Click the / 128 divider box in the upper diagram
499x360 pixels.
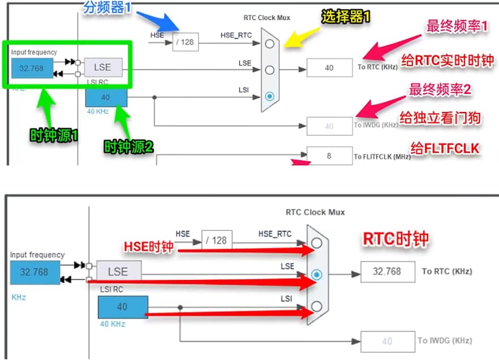click(186, 42)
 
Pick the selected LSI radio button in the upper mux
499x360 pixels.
click(270, 96)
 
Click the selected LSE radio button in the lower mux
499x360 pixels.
click(317, 275)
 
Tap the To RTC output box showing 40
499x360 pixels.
click(329, 68)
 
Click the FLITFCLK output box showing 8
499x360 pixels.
click(329, 156)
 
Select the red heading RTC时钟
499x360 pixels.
click(395, 239)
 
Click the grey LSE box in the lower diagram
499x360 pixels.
click(118, 272)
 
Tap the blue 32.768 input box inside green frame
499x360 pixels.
click(32, 68)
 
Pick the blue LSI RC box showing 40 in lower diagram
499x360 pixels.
click(122, 307)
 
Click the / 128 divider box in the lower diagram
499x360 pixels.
click(216, 241)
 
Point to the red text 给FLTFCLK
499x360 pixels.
click(445, 149)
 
